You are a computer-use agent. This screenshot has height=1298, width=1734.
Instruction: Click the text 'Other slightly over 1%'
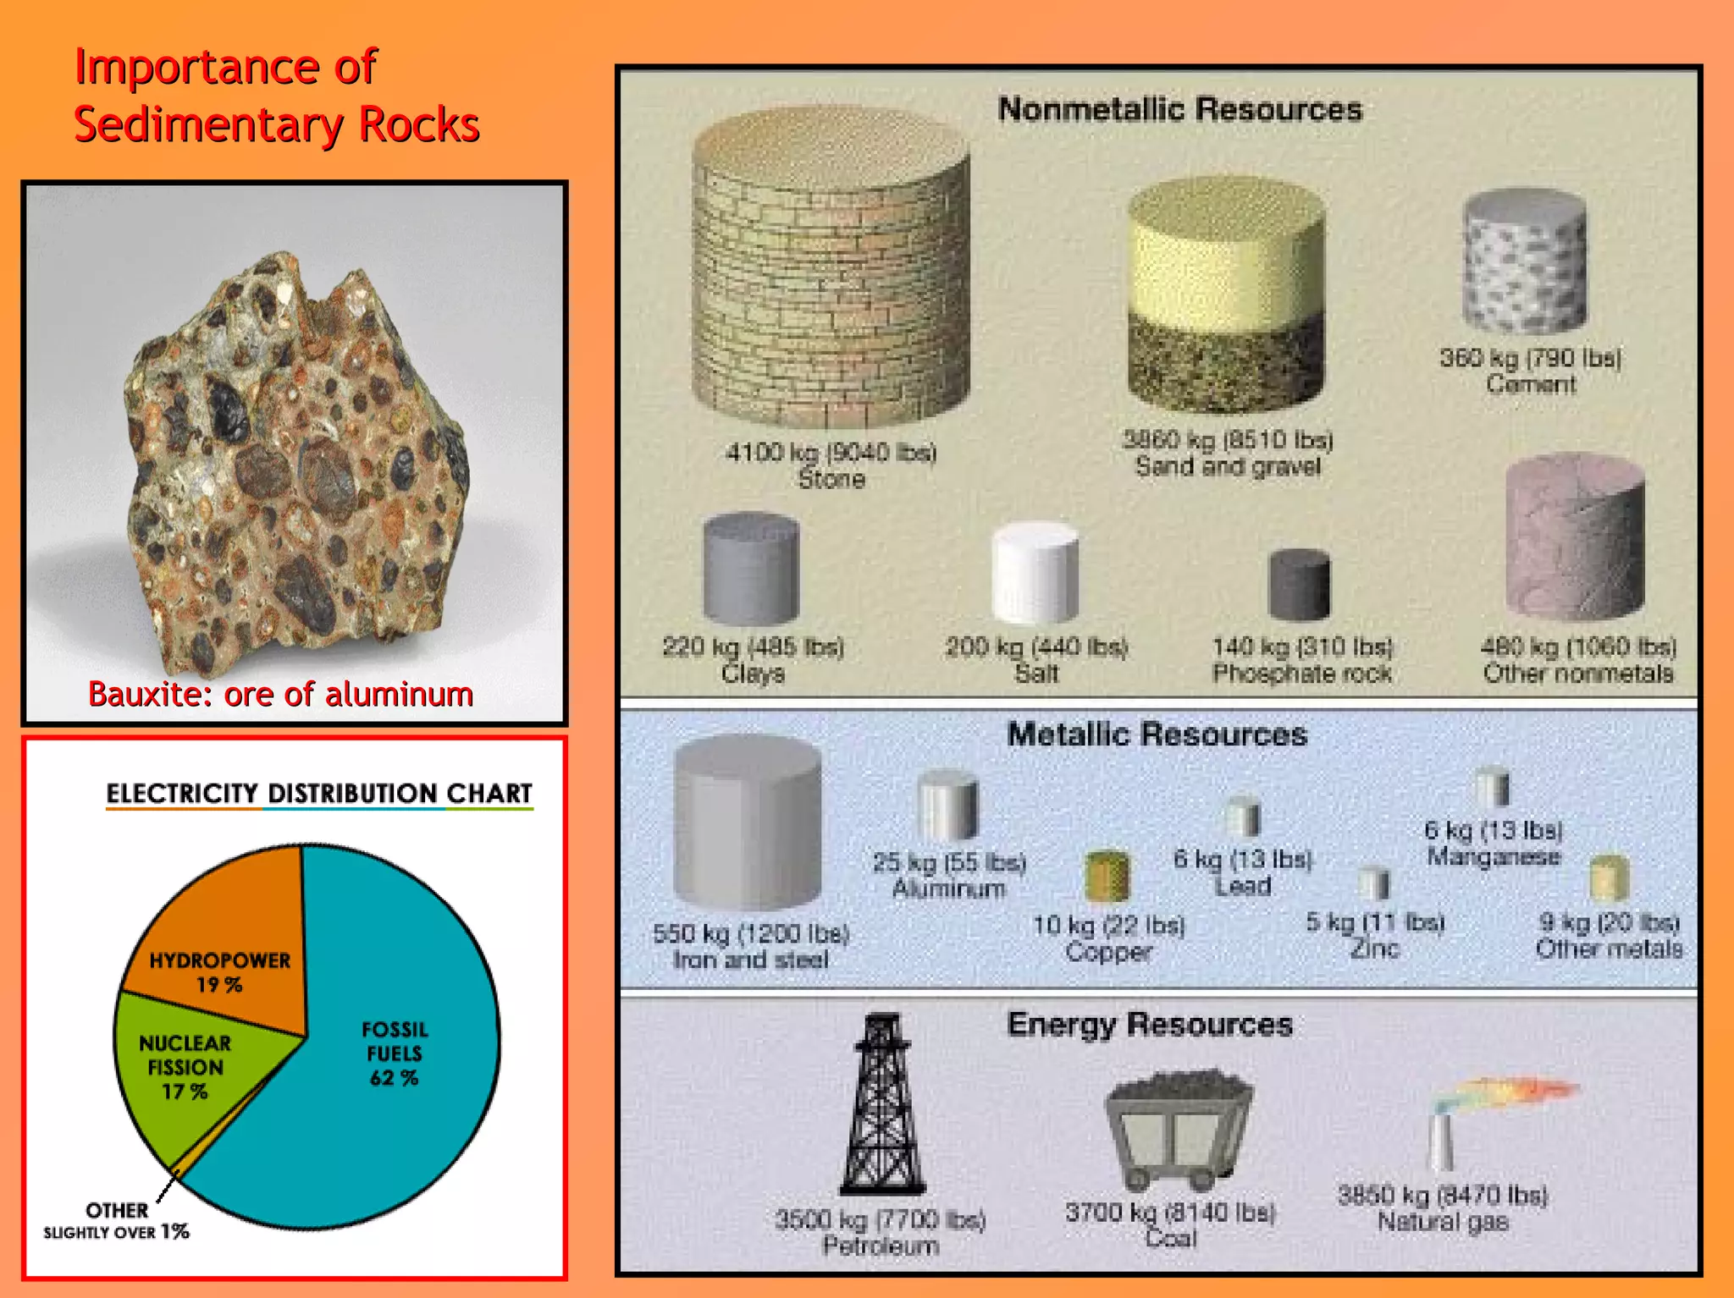coord(117,1221)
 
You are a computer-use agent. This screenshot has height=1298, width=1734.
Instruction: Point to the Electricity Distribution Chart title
coord(318,793)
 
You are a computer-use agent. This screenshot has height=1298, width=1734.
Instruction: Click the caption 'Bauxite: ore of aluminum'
coord(280,694)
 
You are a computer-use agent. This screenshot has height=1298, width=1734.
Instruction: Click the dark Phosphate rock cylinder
coord(1299,584)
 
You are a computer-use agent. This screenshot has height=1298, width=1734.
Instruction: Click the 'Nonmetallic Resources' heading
coord(1179,109)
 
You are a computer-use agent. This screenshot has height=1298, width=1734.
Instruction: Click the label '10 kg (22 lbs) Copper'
coord(1108,938)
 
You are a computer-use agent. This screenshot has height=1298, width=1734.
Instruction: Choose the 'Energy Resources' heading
coord(1149,1024)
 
